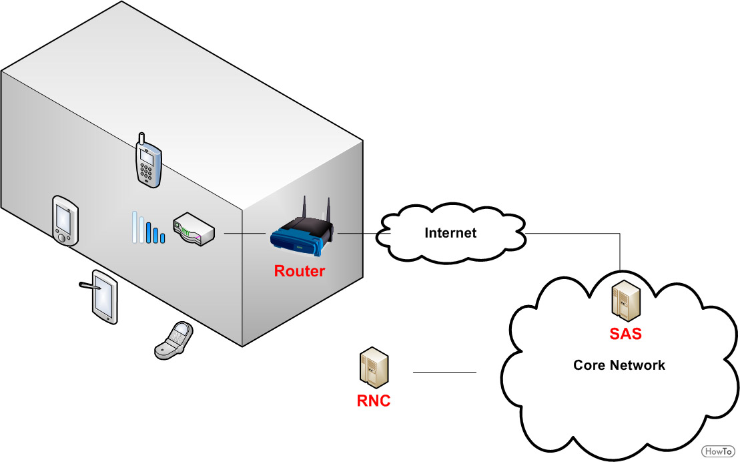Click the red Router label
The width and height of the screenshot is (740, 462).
299,271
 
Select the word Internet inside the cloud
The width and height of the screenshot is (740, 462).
450,233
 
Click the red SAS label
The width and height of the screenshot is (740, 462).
625,334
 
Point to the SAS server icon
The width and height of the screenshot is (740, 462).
627,300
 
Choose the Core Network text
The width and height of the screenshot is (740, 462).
619,365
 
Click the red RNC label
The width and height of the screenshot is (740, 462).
373,401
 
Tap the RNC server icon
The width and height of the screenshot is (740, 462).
374,367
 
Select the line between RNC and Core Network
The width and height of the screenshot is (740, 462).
444,373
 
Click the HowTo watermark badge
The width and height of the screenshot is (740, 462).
718,451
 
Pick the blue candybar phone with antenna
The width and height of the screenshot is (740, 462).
148,160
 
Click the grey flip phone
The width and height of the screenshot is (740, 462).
173,340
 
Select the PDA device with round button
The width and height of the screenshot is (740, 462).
65,220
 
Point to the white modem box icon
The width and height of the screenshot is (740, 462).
194,229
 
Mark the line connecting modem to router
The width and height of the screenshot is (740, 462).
244,234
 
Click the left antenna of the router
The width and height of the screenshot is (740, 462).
305,208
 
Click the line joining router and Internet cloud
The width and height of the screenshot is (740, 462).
364,233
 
